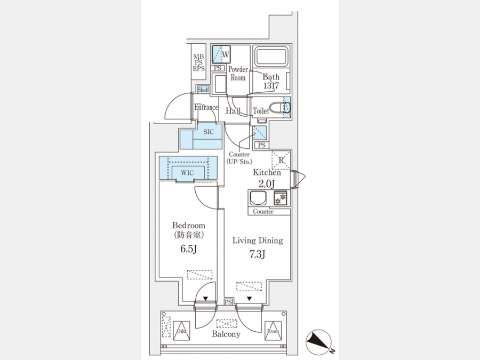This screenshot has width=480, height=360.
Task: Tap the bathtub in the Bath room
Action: click(x=271, y=56)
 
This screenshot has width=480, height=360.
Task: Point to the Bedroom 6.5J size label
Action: click(x=188, y=249)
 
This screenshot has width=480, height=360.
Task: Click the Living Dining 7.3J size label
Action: click(x=257, y=254)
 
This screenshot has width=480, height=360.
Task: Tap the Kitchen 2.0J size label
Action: click(x=267, y=183)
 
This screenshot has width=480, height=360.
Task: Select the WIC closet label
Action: click(x=187, y=173)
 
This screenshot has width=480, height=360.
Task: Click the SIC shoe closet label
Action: click(x=209, y=132)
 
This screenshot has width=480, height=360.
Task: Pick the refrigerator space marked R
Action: click(x=281, y=160)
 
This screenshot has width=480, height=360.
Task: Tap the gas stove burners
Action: click(x=281, y=198)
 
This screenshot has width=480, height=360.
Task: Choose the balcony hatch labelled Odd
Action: click(x=181, y=331)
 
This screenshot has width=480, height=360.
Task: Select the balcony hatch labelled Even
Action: click(x=273, y=331)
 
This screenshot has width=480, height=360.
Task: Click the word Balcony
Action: click(x=226, y=334)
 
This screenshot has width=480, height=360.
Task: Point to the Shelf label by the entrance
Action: click(x=203, y=90)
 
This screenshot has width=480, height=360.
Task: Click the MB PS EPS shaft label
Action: click(x=199, y=63)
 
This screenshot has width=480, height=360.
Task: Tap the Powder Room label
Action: click(x=238, y=74)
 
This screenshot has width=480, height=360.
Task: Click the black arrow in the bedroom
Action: click(x=205, y=299)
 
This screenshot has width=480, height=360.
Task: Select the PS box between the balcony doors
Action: click(x=228, y=302)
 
